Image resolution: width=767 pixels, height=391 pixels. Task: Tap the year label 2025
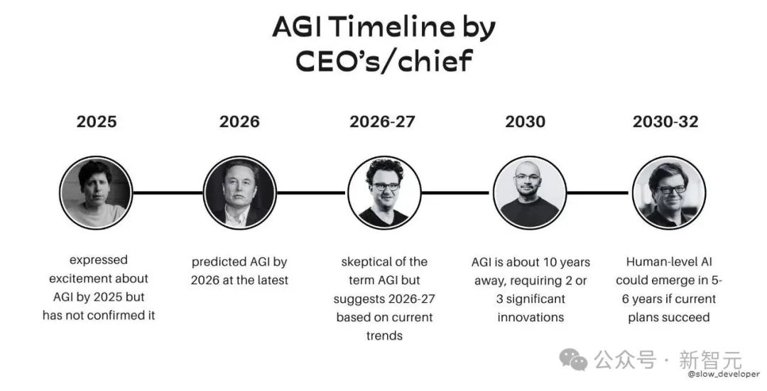97,122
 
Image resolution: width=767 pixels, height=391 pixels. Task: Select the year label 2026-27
382,122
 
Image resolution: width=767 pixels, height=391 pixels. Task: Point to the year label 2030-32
665,122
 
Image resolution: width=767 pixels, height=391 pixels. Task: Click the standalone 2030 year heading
525,122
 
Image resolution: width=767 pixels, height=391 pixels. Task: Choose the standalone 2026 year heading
239,122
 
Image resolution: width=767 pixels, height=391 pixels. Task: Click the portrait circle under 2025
96,193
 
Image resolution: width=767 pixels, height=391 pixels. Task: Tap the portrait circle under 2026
240,193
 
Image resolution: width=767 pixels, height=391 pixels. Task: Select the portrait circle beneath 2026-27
384,193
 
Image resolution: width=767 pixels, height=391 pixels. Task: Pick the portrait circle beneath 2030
530,193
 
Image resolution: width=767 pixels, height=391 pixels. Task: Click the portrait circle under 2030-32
669,193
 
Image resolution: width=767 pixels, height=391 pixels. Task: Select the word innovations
531,317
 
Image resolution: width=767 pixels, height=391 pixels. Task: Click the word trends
384,336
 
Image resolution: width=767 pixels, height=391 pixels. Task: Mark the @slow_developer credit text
724,374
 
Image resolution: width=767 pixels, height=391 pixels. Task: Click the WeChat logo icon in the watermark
573,360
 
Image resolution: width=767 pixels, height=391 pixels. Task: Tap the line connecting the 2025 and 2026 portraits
168,193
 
